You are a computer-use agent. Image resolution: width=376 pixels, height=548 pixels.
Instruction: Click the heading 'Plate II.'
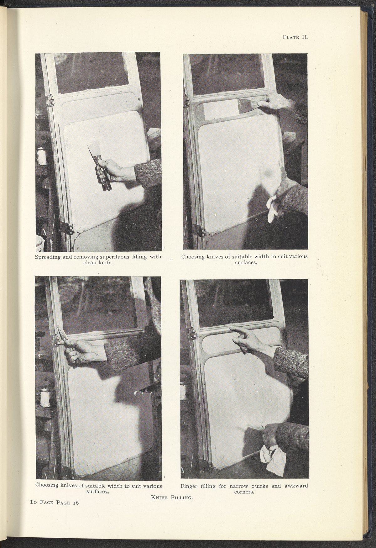[x=295, y=37]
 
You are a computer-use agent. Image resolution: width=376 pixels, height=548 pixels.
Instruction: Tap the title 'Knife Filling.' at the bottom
[x=171, y=506]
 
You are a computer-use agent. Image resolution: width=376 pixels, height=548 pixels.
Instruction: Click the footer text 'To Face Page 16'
[x=54, y=511]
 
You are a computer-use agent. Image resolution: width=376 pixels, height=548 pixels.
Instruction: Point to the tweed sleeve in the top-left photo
[x=148, y=173]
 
